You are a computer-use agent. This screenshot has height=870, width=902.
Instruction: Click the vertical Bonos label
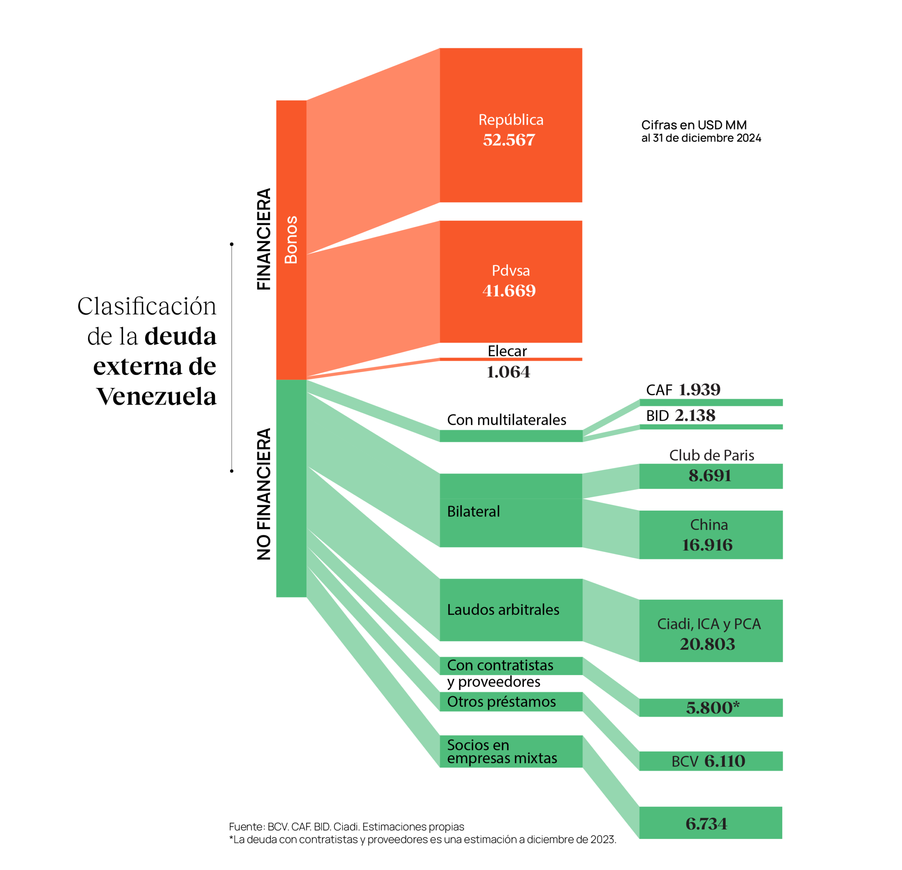pyautogui.click(x=291, y=240)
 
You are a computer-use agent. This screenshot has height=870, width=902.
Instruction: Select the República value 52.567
pyautogui.click(x=509, y=140)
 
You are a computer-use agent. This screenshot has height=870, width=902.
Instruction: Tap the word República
pyautogui.click(x=511, y=120)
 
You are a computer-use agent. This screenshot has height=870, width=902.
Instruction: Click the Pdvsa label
pyautogui.click(x=511, y=271)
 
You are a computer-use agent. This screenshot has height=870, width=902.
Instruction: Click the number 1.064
pyautogui.click(x=508, y=372)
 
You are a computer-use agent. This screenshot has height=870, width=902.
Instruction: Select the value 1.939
pyautogui.click(x=699, y=390)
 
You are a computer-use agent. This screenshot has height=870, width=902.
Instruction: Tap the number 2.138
pyautogui.click(x=695, y=416)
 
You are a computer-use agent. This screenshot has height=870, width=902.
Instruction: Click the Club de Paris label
pyautogui.click(x=711, y=455)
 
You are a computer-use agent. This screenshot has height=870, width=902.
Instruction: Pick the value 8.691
pyautogui.click(x=710, y=475)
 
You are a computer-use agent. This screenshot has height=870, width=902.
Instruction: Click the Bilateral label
pyautogui.click(x=474, y=511)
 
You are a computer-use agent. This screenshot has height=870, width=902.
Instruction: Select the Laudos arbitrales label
pyautogui.click(x=503, y=610)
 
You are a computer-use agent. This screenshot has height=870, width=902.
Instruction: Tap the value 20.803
pyautogui.click(x=708, y=644)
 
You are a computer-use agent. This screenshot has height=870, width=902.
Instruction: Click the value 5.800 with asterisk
pyautogui.click(x=712, y=708)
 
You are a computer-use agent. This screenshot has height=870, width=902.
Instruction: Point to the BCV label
pyautogui.click(x=685, y=762)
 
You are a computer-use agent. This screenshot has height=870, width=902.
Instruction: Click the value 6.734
pyautogui.click(x=706, y=824)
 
